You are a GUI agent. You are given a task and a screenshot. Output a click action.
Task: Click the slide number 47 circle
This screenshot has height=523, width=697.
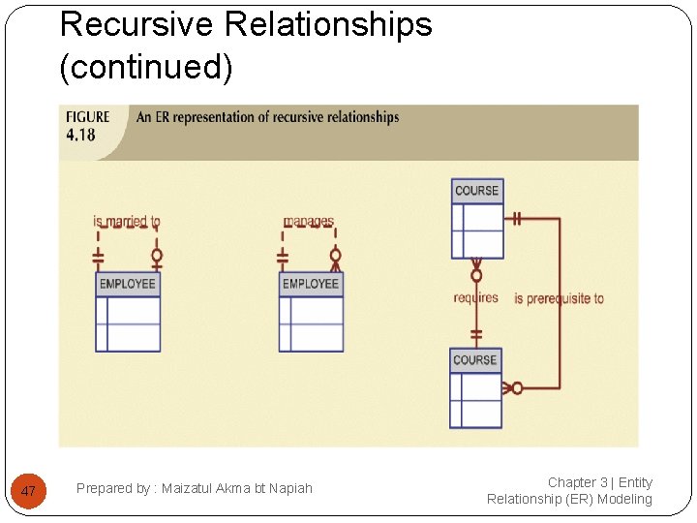[x=28, y=491]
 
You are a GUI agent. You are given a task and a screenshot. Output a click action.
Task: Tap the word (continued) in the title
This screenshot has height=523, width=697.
[x=146, y=67]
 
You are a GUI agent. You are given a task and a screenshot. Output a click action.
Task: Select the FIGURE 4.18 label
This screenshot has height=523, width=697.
[x=87, y=126]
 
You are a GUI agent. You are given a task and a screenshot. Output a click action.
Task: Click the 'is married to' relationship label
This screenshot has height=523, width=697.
[x=127, y=222]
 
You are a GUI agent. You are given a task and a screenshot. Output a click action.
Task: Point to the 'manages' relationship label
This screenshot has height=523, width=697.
[x=309, y=222]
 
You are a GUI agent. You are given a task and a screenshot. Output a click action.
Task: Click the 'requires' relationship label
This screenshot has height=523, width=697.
[x=475, y=297]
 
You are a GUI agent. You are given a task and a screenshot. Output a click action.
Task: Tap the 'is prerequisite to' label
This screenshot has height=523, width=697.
[x=559, y=298]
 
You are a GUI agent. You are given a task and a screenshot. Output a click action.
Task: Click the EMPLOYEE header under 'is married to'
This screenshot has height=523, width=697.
[x=128, y=284]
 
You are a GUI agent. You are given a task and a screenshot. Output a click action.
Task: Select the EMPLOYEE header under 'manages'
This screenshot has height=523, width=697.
[x=311, y=284]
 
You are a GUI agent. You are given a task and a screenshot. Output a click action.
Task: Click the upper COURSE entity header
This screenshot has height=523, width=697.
[x=477, y=191]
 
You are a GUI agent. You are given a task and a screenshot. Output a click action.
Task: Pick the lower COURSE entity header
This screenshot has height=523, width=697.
[x=475, y=360]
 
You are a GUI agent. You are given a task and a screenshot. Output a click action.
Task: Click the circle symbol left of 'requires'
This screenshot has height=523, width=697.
[x=476, y=275]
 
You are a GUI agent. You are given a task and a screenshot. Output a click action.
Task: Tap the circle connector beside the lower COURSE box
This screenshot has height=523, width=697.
[x=517, y=387]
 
